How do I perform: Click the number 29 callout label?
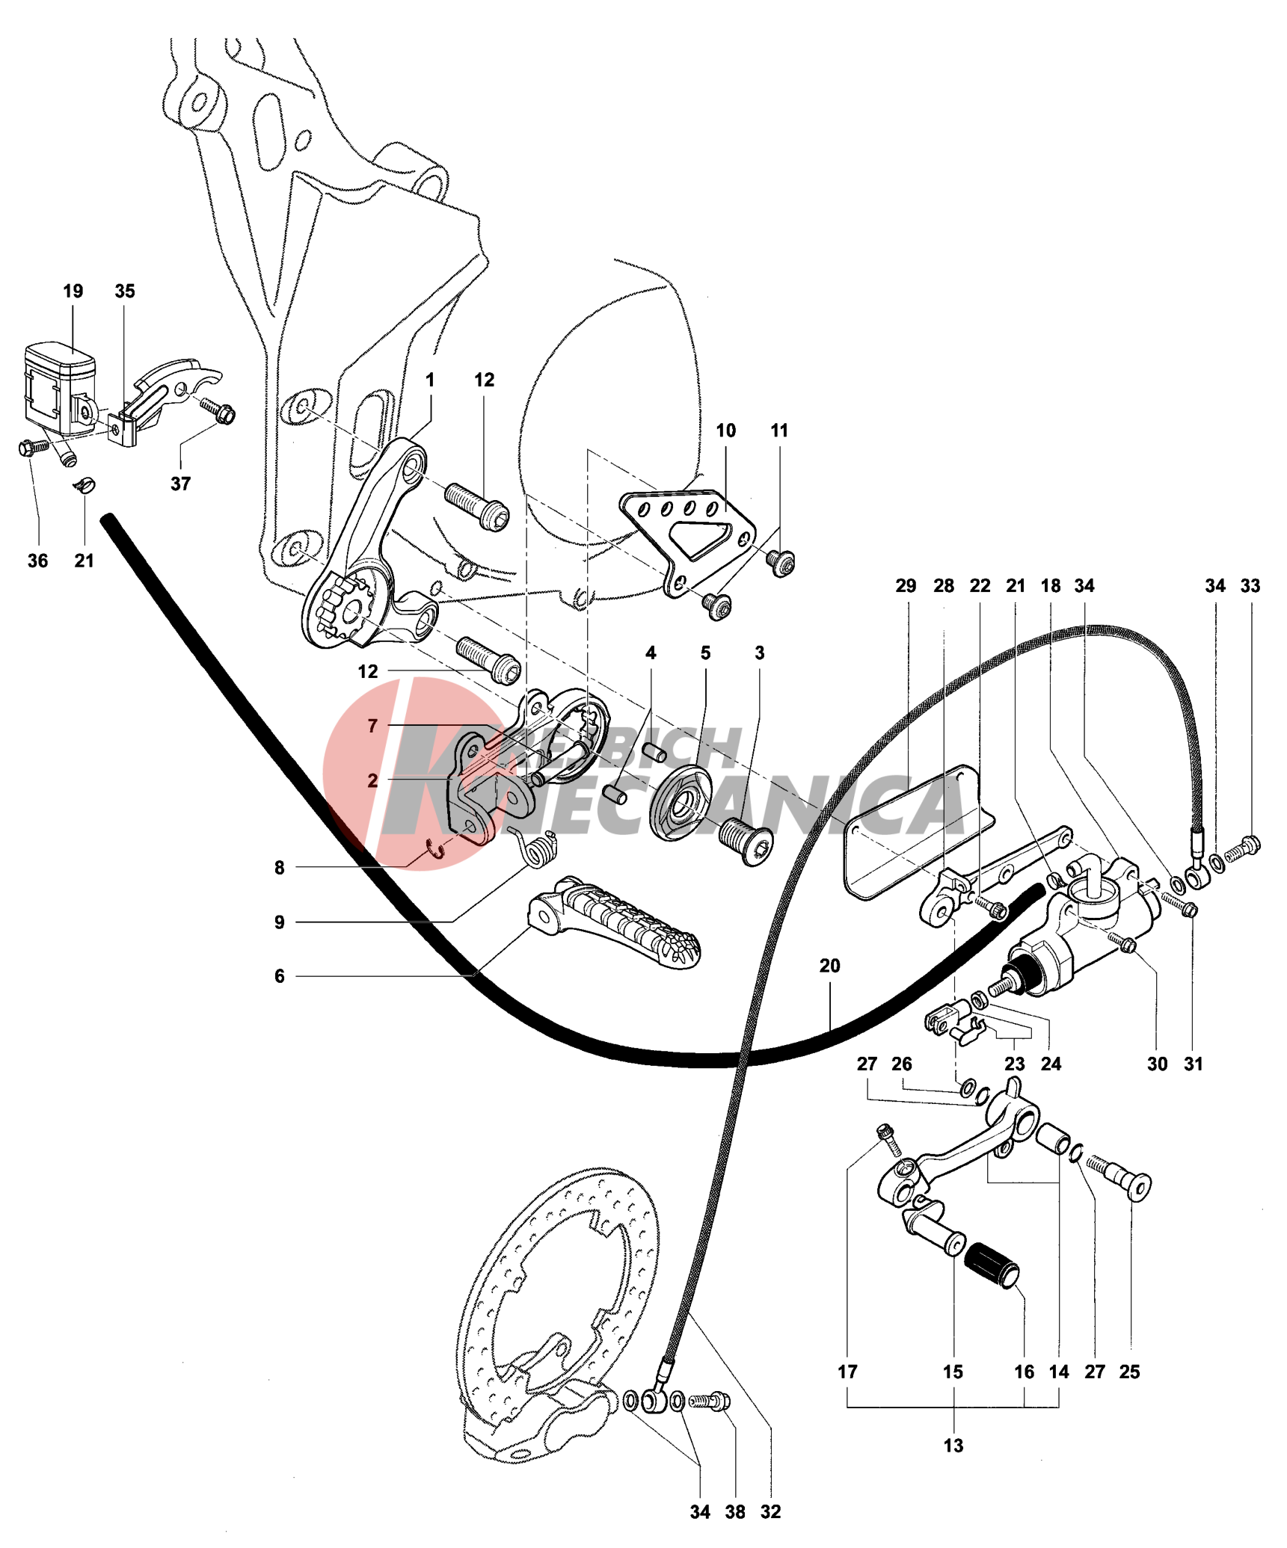click(x=906, y=586)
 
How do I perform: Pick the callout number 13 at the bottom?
click(x=953, y=1445)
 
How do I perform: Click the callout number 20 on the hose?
click(x=829, y=966)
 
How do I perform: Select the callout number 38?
click(x=735, y=1511)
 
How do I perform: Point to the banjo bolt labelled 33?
click(x=1244, y=848)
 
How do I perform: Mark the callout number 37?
click(x=180, y=484)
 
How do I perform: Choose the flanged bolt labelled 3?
click(x=746, y=842)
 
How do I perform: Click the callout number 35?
click(x=125, y=291)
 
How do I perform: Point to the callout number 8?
click(x=279, y=868)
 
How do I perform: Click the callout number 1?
click(x=430, y=380)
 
